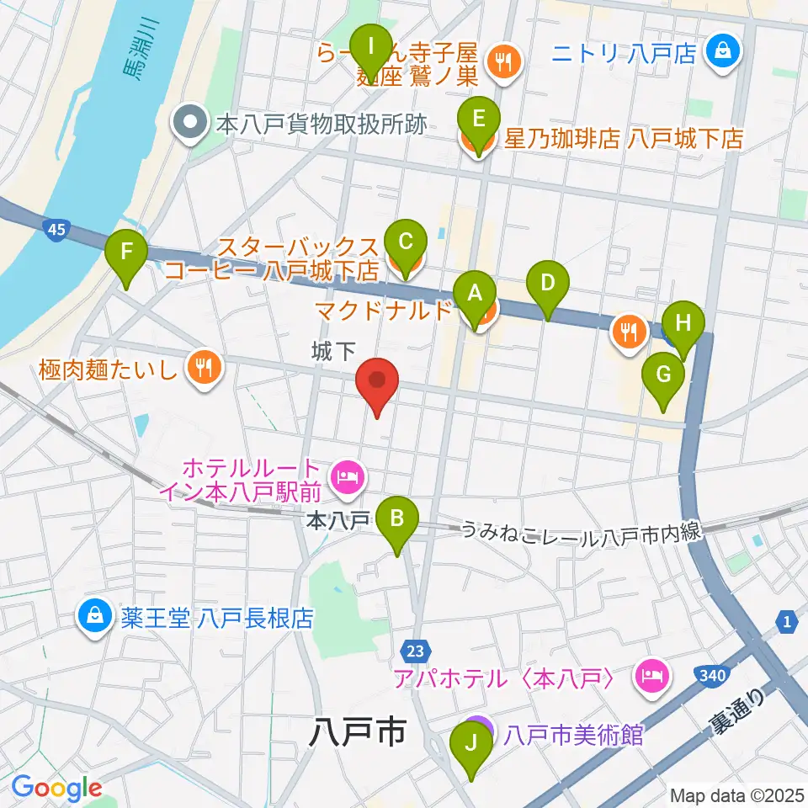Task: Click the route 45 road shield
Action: click(x=56, y=230)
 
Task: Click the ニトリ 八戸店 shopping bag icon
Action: click(x=722, y=53)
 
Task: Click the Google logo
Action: click(x=56, y=788)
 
